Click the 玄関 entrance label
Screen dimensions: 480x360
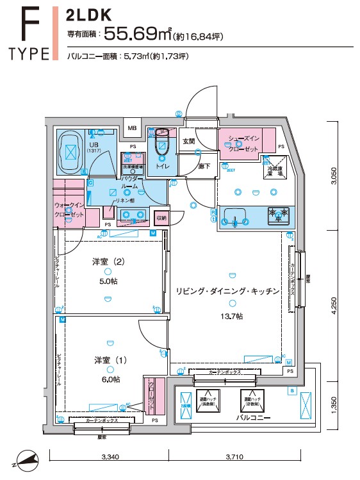click(188, 141)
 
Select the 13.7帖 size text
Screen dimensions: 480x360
click(228, 317)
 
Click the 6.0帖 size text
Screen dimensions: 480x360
click(110, 379)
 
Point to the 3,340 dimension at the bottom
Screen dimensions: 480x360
click(111, 458)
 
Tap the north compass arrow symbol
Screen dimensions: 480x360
click(24, 459)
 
